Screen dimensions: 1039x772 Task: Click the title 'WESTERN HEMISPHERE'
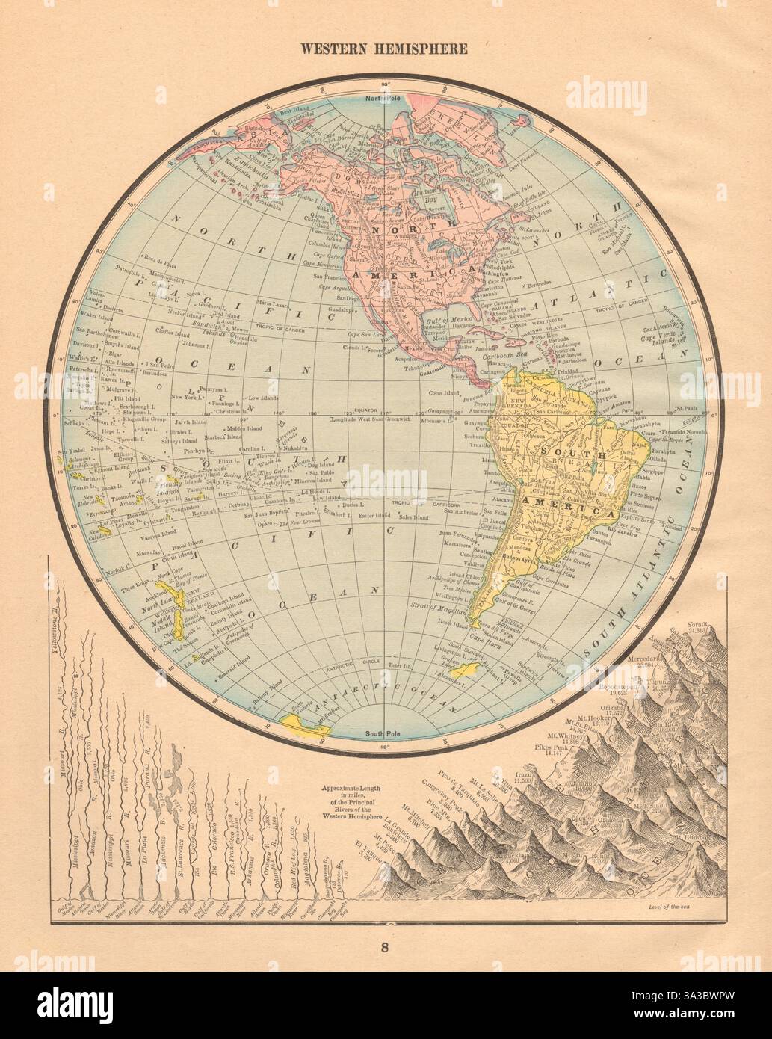pos(384,49)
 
